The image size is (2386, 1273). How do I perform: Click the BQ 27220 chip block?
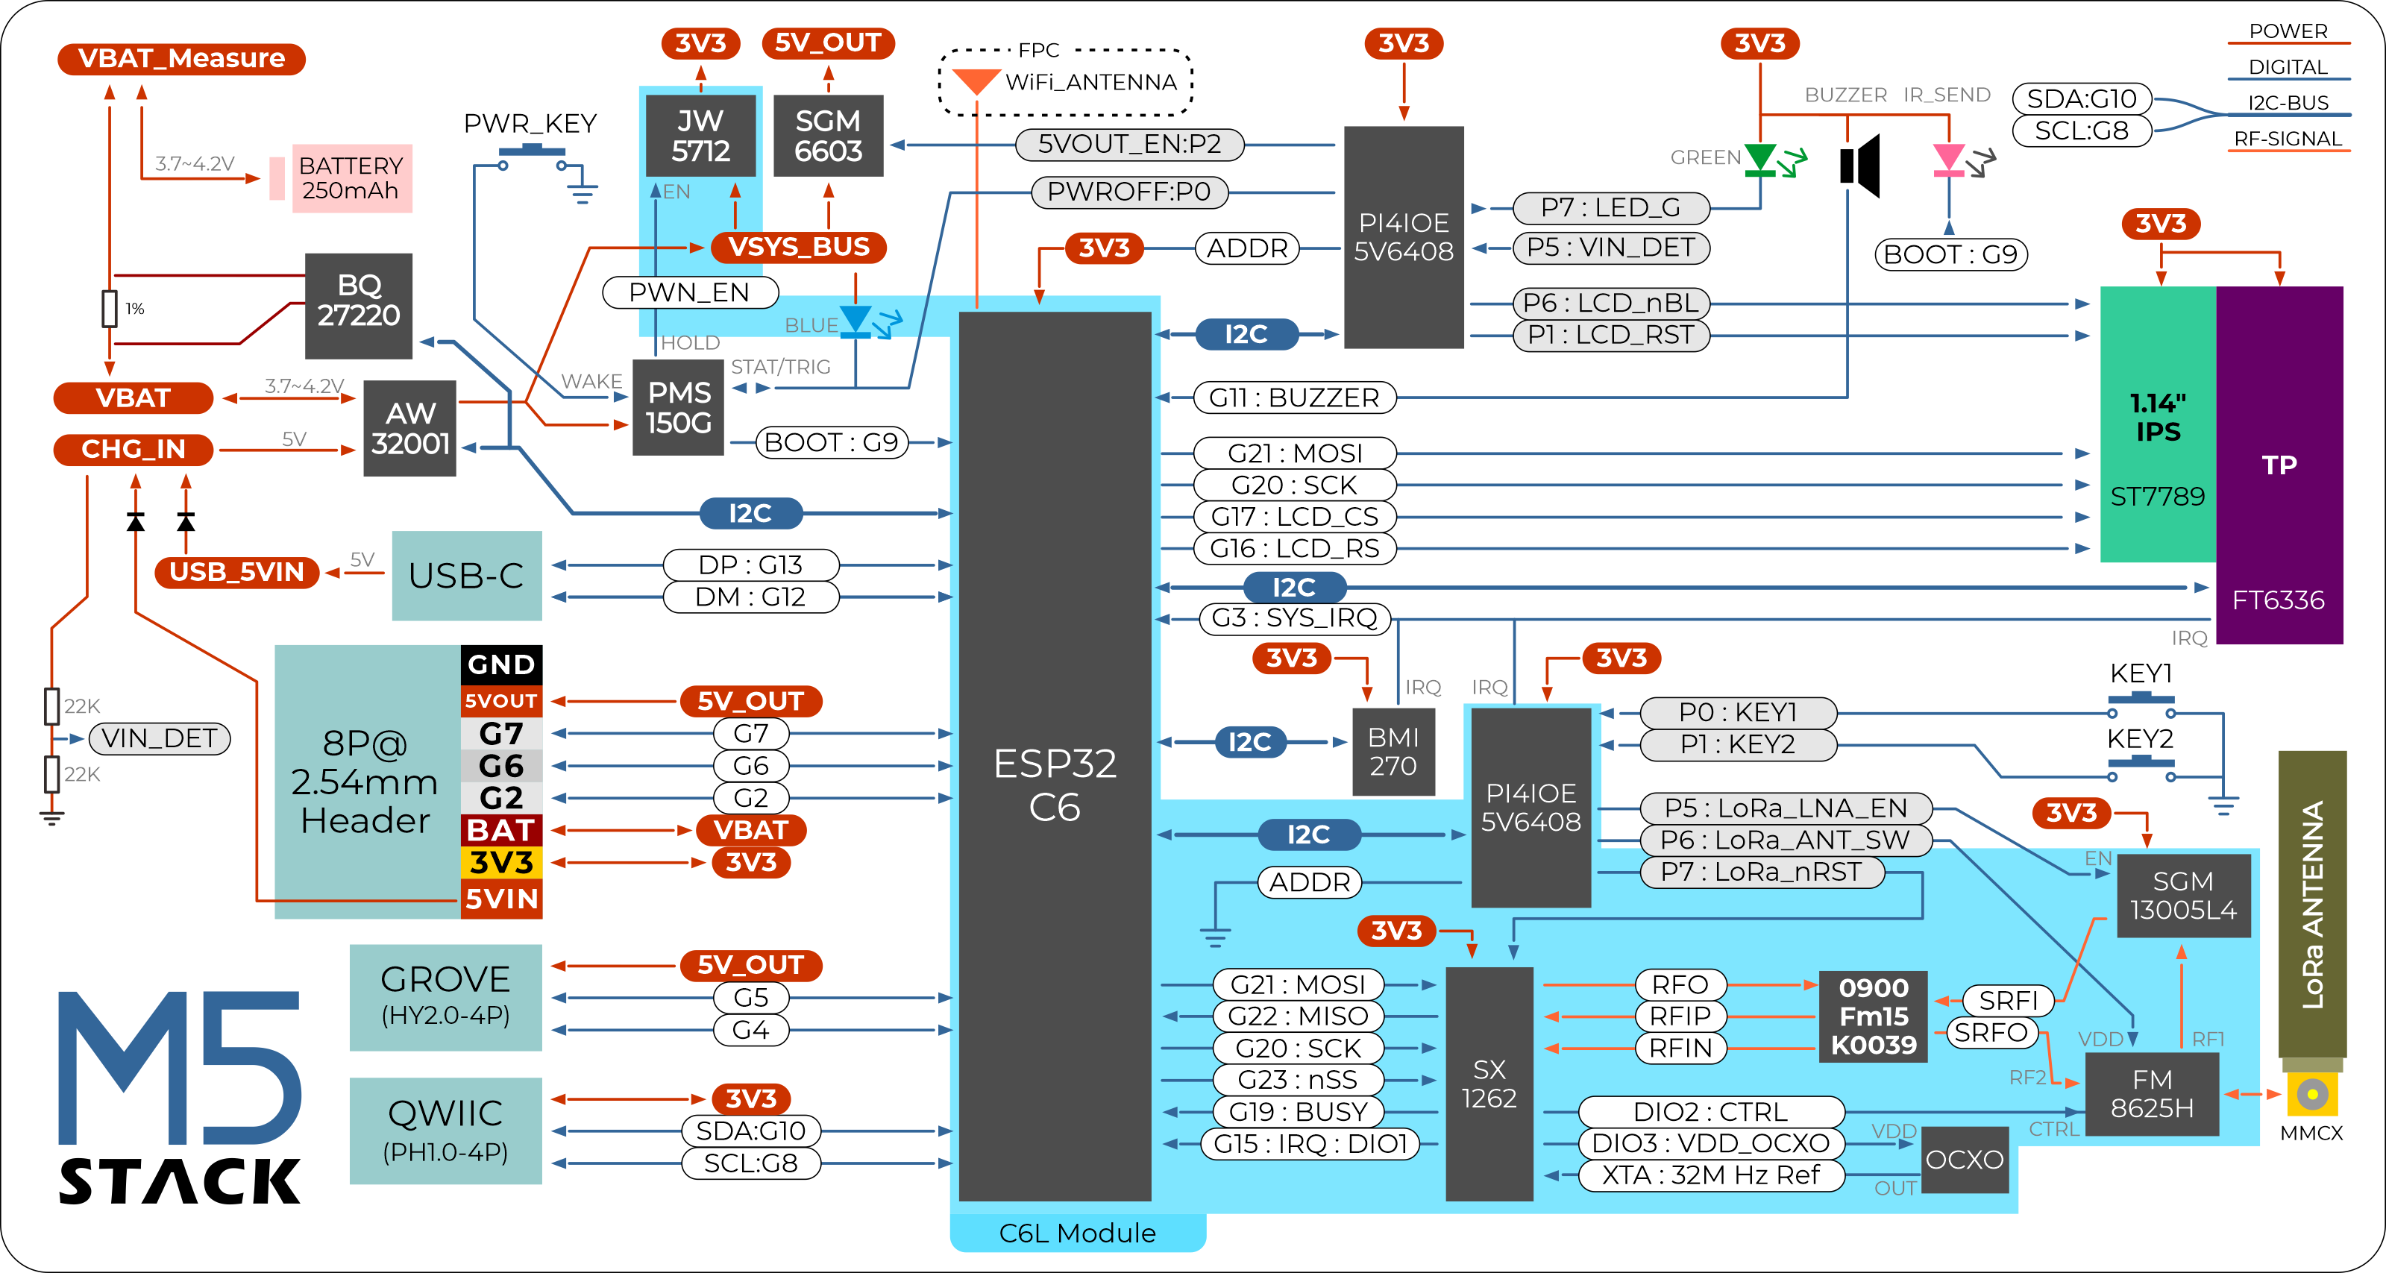tap(359, 306)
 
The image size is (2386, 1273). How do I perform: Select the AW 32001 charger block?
tap(409, 428)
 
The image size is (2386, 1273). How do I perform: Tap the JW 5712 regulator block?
tap(700, 135)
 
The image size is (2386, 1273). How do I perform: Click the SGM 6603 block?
tap(828, 135)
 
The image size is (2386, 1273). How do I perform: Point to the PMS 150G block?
tap(678, 407)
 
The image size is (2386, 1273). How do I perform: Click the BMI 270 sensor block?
tap(1393, 752)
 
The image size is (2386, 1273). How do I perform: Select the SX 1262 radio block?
tap(1489, 1084)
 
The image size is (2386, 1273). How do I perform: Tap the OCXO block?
tap(1964, 1159)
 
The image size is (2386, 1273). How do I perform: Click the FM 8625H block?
tap(2151, 1093)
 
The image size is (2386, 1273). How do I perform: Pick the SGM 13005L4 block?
tap(2183, 895)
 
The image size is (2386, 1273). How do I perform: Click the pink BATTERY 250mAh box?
tap(351, 177)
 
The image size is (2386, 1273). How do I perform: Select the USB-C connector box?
tap(466, 575)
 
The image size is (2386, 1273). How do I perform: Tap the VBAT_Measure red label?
tap(180, 58)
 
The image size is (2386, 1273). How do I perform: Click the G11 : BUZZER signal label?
tap(1293, 398)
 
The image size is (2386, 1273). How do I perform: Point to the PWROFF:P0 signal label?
tap(1128, 192)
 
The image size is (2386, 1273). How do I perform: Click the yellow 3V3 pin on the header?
tap(501, 863)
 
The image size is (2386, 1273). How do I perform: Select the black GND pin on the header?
tap(501, 664)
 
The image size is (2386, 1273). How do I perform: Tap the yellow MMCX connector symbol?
tap(2312, 1094)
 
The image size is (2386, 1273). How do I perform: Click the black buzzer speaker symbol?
tap(1860, 166)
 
